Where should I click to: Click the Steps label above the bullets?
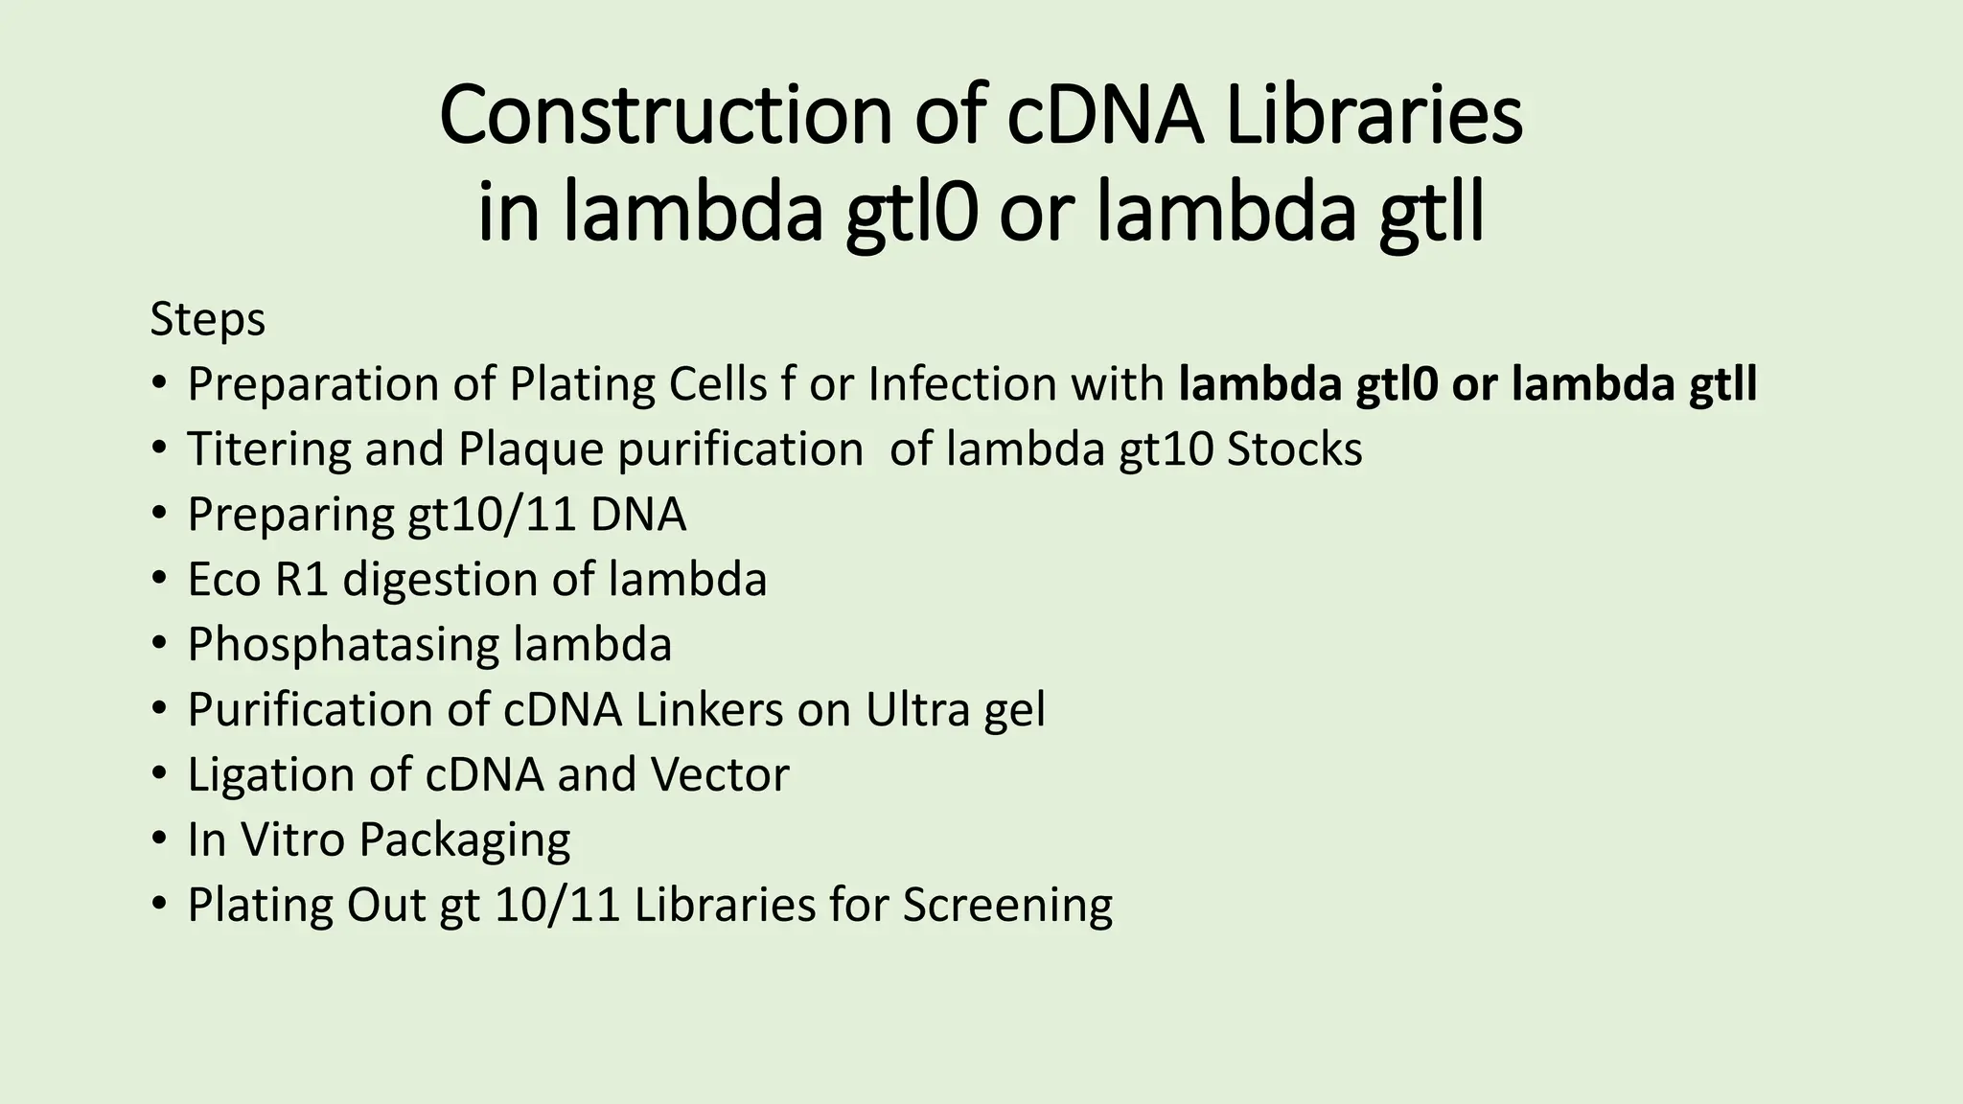pyautogui.click(x=207, y=319)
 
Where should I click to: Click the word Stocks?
pyautogui.click(x=1294, y=449)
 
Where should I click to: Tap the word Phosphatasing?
pyautogui.click(x=342, y=645)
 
